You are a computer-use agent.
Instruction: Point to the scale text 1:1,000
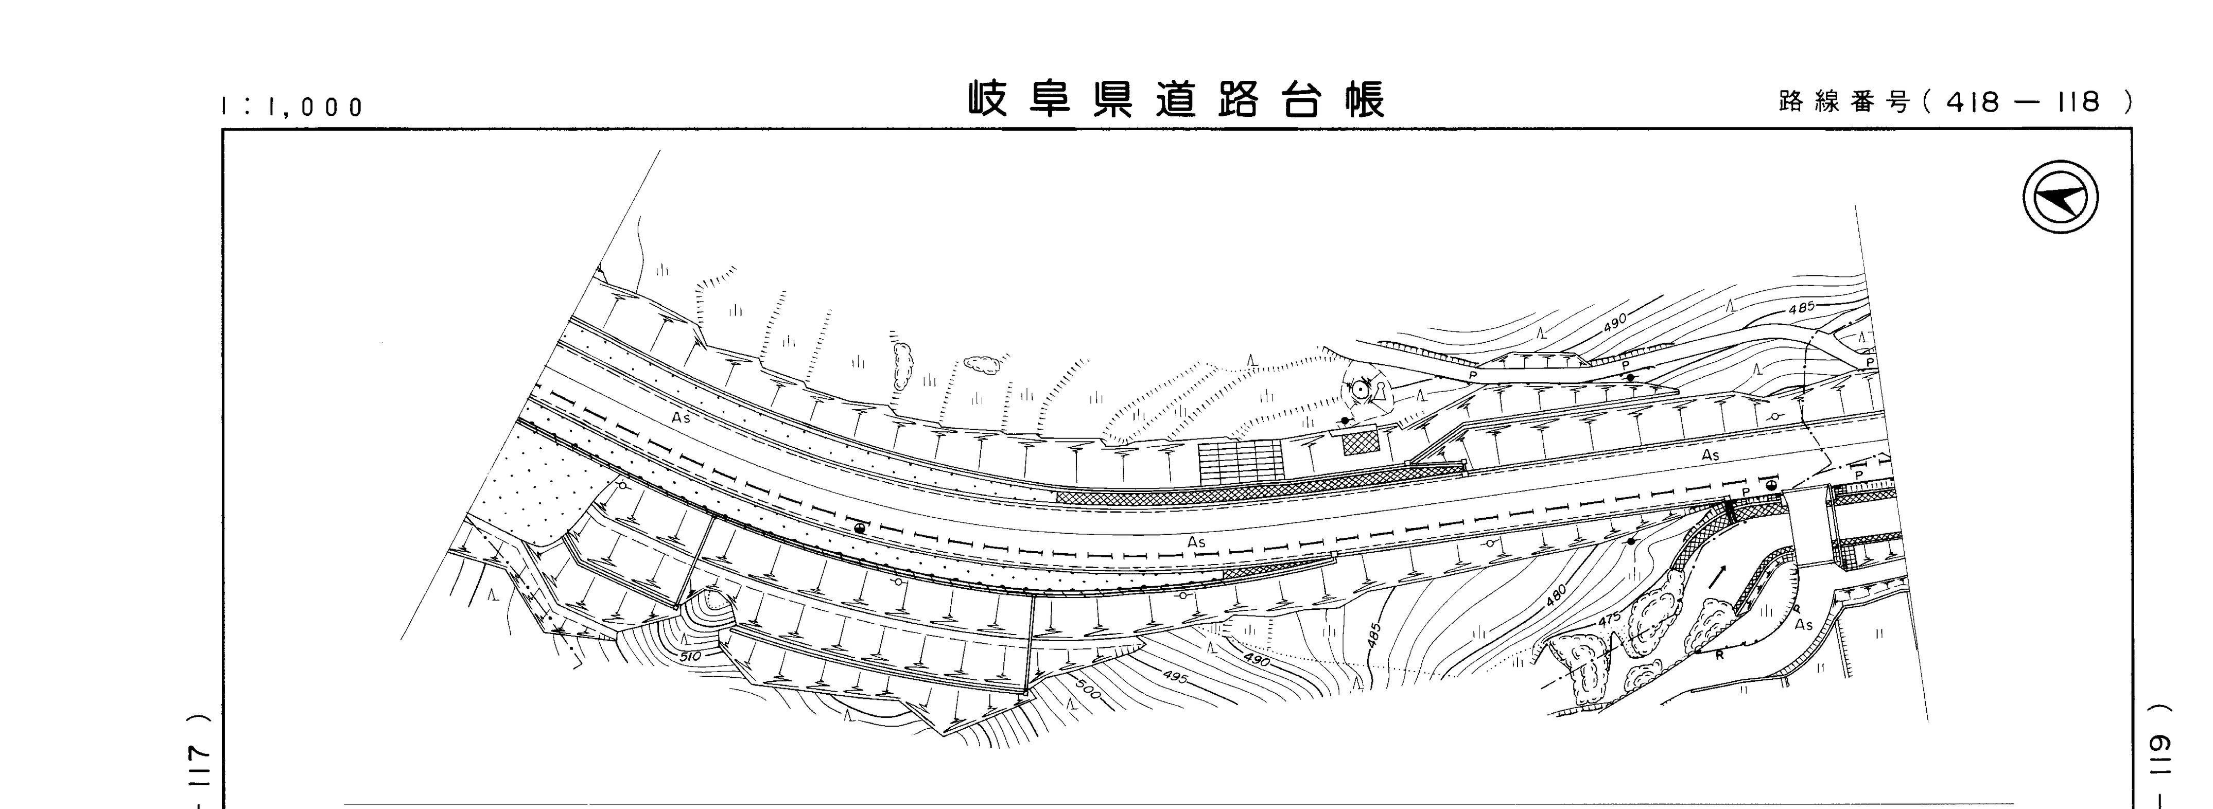[292, 108]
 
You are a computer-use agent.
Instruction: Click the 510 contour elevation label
[689, 656]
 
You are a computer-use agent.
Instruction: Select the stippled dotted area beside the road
[524, 489]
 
